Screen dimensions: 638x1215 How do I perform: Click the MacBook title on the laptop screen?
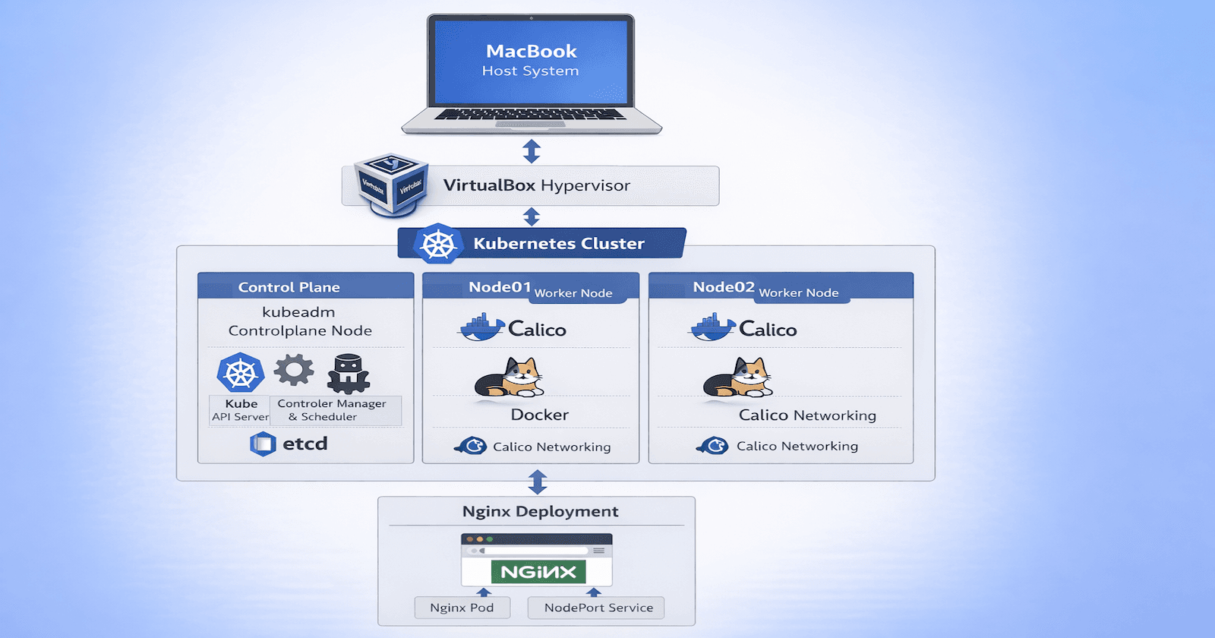(x=531, y=51)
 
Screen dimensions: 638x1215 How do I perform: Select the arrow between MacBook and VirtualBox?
(x=532, y=151)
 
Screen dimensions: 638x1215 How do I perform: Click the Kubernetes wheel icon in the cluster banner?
(x=438, y=245)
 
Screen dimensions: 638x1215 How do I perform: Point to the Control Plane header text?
(x=289, y=287)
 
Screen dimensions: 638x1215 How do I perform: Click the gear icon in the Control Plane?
(x=294, y=371)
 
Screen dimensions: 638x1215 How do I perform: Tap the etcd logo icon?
(x=263, y=444)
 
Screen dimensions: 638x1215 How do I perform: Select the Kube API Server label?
(x=240, y=410)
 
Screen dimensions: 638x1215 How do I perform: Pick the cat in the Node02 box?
(x=738, y=377)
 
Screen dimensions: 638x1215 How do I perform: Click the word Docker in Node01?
(x=539, y=415)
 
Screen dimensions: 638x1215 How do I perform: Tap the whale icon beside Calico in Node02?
(x=712, y=327)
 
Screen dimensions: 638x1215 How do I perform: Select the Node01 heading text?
(x=500, y=287)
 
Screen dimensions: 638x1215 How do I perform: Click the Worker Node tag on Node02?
(x=798, y=293)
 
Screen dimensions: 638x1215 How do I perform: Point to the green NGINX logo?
(x=538, y=572)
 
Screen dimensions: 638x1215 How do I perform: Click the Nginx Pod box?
(x=462, y=608)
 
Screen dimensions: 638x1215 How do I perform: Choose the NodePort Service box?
(x=598, y=608)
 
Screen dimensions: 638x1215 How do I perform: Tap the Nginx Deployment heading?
(x=540, y=511)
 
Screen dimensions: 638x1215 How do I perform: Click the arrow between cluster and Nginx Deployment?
(x=538, y=482)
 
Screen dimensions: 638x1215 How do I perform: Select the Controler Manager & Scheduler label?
(x=332, y=410)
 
